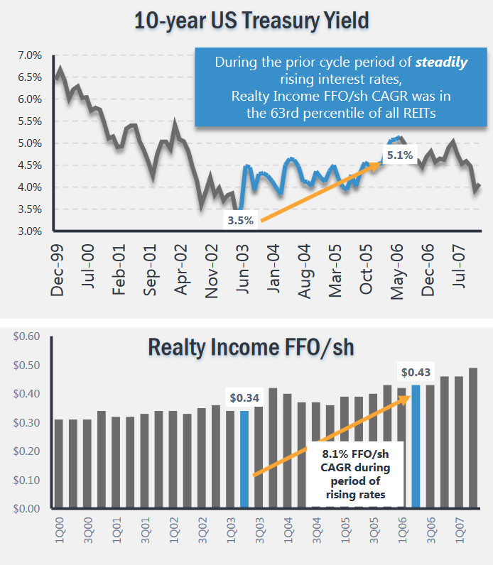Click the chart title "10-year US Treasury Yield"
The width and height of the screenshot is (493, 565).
point(252,20)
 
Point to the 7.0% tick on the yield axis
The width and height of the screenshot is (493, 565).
point(29,55)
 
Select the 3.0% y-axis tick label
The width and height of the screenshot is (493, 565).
point(29,231)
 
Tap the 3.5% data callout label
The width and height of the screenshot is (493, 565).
point(240,220)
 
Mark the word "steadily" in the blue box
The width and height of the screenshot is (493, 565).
point(442,62)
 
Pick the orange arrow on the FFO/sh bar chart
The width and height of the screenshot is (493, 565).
point(332,434)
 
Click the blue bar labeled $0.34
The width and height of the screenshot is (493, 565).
point(244,459)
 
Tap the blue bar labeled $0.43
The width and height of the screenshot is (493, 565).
point(416,446)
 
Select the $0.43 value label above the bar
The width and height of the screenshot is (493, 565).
point(416,371)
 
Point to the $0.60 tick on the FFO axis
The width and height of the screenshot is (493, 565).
point(26,336)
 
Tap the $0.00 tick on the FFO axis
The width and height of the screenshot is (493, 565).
point(26,509)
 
